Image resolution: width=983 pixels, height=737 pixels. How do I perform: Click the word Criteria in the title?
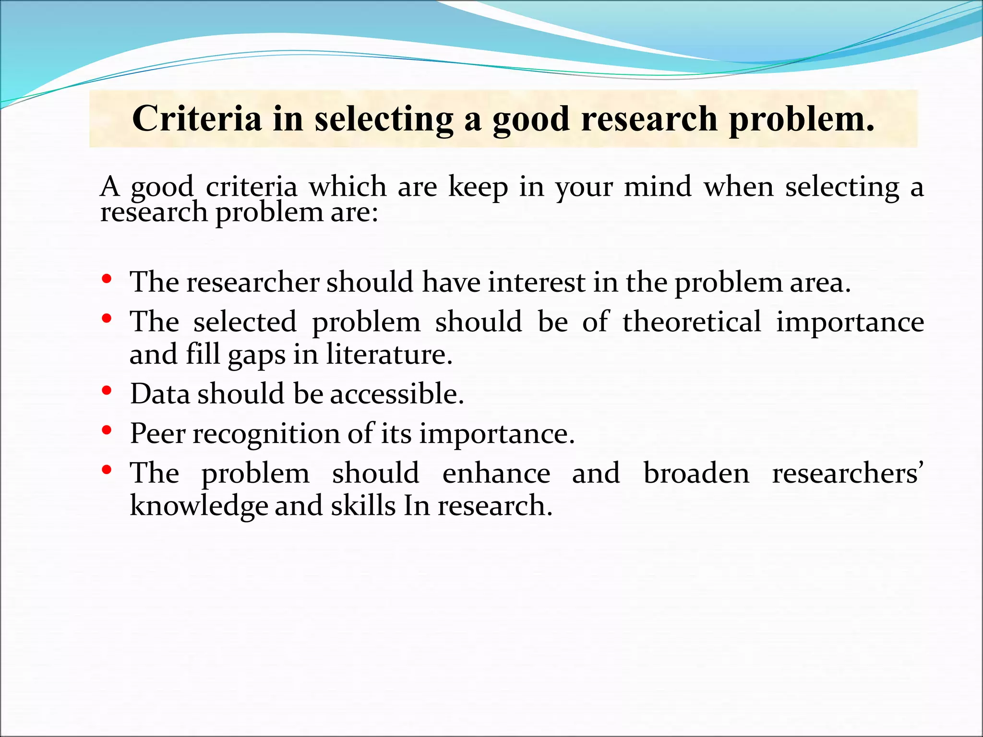pos(197,119)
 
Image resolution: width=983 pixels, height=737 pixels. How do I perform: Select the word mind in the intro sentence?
pos(658,187)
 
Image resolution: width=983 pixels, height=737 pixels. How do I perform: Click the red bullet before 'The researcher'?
pos(107,279)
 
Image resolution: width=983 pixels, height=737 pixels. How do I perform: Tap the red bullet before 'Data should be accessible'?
pos(107,391)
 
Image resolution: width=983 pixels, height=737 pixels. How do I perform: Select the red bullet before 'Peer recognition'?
pos(107,430)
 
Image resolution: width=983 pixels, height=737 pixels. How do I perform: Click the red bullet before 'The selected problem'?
pos(107,319)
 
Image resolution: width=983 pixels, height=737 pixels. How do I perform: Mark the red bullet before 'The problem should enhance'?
pos(107,470)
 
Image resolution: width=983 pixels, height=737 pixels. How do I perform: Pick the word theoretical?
pos(692,321)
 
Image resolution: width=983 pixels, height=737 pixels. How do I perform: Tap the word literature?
pos(389,355)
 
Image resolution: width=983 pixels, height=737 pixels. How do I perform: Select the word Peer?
pos(158,434)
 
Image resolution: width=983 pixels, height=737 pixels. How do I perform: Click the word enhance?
pos(496,473)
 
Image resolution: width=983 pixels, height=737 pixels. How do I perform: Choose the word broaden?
pos(696,473)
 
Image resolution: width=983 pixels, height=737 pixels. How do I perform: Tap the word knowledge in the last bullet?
pos(199,507)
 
